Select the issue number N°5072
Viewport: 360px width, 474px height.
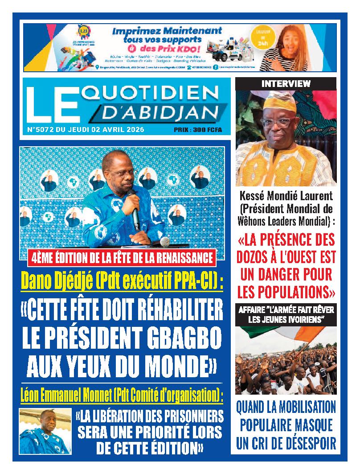(41, 130)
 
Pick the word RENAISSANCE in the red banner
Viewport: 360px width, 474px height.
(184, 257)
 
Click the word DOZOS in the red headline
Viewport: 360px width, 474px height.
(261, 259)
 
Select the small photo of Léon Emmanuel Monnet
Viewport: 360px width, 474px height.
(45, 431)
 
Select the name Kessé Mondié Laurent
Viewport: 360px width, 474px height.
(286, 196)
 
